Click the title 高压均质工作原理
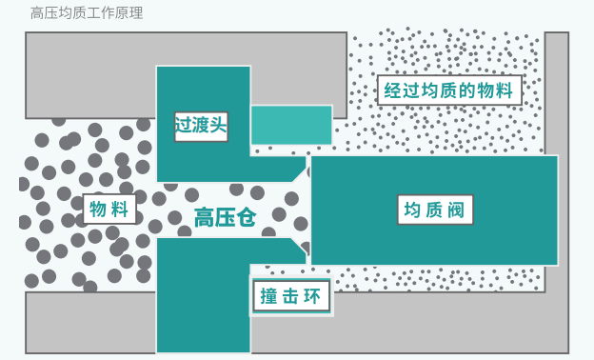click(87, 13)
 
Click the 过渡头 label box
click(201, 127)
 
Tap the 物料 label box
click(109, 209)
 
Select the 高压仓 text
click(225, 218)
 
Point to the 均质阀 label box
click(435, 210)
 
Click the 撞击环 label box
click(291, 295)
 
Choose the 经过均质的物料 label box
click(449, 90)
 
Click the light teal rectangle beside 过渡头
click(291, 125)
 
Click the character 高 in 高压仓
click(204, 218)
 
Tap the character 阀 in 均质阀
click(456, 210)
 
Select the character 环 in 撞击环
click(312, 296)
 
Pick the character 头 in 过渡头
click(219, 125)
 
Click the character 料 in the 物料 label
click(119, 209)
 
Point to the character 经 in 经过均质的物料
click(392, 90)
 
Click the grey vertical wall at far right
click(557, 94)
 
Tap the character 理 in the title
click(136, 13)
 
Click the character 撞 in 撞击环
click(269, 296)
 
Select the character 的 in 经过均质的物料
click(467, 90)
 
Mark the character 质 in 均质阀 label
click(434, 210)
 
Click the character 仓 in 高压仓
click(247, 218)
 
